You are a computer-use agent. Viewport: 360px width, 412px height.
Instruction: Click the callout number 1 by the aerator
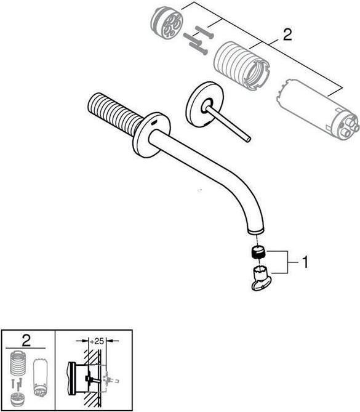point(303,262)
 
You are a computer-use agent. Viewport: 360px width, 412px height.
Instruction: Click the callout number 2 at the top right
point(287,35)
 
